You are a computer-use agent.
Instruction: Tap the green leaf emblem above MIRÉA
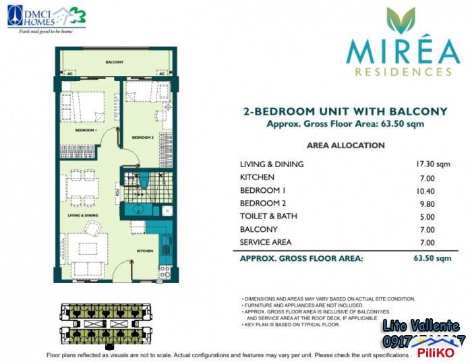click(x=397, y=23)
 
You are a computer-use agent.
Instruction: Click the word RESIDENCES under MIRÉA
click(x=397, y=70)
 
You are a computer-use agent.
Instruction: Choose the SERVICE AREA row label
click(x=267, y=242)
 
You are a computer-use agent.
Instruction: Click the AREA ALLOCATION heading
click(x=345, y=145)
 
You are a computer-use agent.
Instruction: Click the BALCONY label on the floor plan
click(x=115, y=62)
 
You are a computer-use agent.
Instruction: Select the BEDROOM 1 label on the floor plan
click(x=86, y=129)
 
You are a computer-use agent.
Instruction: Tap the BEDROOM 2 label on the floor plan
click(x=143, y=137)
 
